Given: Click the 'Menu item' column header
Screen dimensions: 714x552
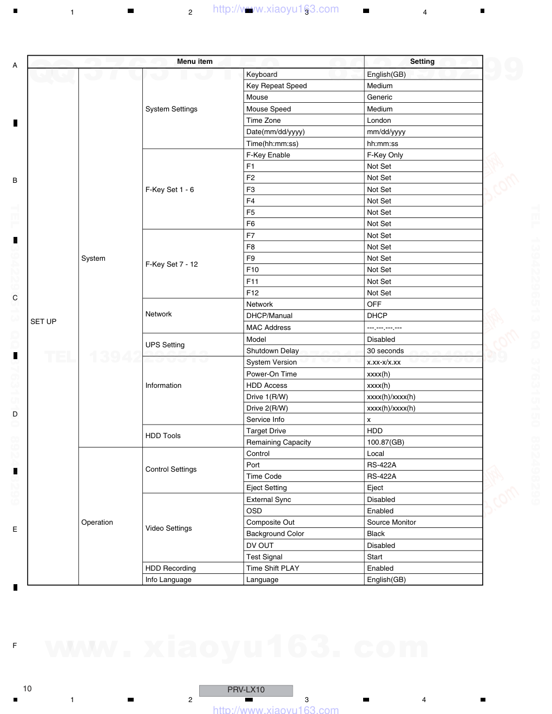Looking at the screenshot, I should [195, 62].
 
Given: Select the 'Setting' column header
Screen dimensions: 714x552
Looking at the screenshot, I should [422, 62].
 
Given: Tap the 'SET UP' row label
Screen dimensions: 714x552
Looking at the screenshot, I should [43, 321].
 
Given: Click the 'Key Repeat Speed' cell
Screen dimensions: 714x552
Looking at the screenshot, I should [277, 86].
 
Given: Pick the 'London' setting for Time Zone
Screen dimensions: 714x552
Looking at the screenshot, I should [379, 121].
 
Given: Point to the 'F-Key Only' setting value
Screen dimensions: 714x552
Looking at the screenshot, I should [385, 155].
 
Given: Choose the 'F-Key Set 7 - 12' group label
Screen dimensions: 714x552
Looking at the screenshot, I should [172, 265].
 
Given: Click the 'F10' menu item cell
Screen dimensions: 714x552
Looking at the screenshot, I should [253, 270].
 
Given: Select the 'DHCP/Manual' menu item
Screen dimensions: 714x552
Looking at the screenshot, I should [269, 316].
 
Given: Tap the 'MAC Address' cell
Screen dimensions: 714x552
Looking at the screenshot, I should [268, 328].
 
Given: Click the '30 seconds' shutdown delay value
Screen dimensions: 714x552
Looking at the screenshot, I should [385, 351].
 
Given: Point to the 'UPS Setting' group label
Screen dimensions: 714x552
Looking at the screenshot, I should [165, 345].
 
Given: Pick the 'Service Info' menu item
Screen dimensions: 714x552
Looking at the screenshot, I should [265, 420].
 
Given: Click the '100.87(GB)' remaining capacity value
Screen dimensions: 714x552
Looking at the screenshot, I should [385, 442].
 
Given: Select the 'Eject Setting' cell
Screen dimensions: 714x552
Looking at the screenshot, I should [266, 488].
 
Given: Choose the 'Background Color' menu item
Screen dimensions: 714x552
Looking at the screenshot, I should [275, 534].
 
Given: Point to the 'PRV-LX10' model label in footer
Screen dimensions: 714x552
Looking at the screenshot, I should [246, 690].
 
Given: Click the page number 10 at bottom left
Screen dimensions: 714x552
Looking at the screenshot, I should [27, 689].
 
